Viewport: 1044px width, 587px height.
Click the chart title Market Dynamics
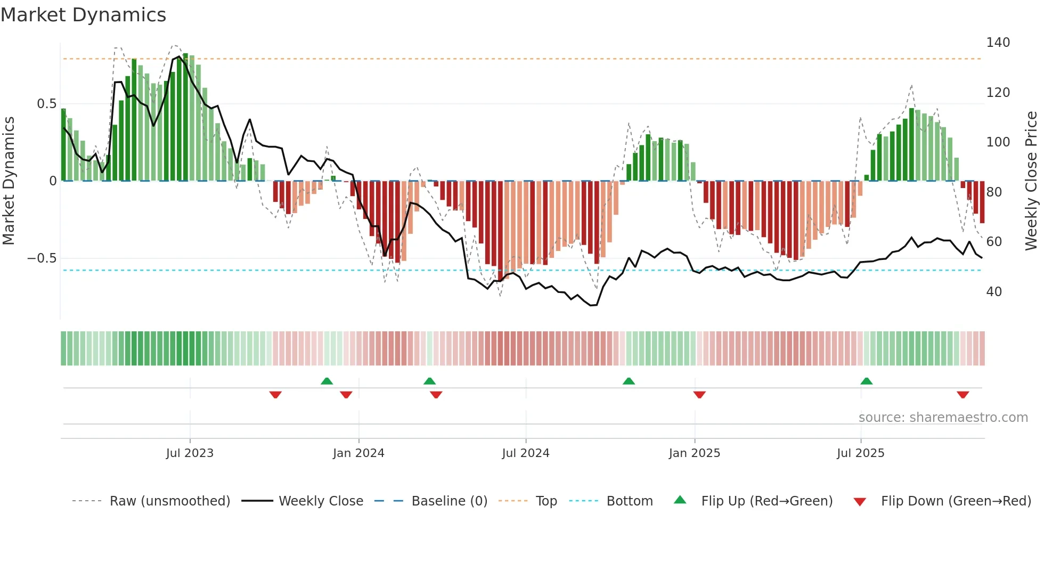[84, 15]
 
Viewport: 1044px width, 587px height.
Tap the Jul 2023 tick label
[190, 453]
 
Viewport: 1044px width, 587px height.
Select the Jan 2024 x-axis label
[358, 453]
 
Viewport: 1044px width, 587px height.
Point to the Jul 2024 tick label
[525, 453]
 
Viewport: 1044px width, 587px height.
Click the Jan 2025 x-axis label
[694, 453]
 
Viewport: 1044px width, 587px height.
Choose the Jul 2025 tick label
[860, 453]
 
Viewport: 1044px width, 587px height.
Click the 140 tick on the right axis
[998, 43]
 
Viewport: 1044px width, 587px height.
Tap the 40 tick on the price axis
[994, 292]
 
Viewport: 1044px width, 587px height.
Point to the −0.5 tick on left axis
[42, 258]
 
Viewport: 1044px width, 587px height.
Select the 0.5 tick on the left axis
[46, 104]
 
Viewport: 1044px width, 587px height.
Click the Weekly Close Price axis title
[1031, 181]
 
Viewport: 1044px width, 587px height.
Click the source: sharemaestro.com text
[943, 418]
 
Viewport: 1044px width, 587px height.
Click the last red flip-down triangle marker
[963, 395]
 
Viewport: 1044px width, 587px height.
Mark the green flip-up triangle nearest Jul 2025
[866, 381]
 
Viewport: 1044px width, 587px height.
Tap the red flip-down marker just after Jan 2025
[699, 395]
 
